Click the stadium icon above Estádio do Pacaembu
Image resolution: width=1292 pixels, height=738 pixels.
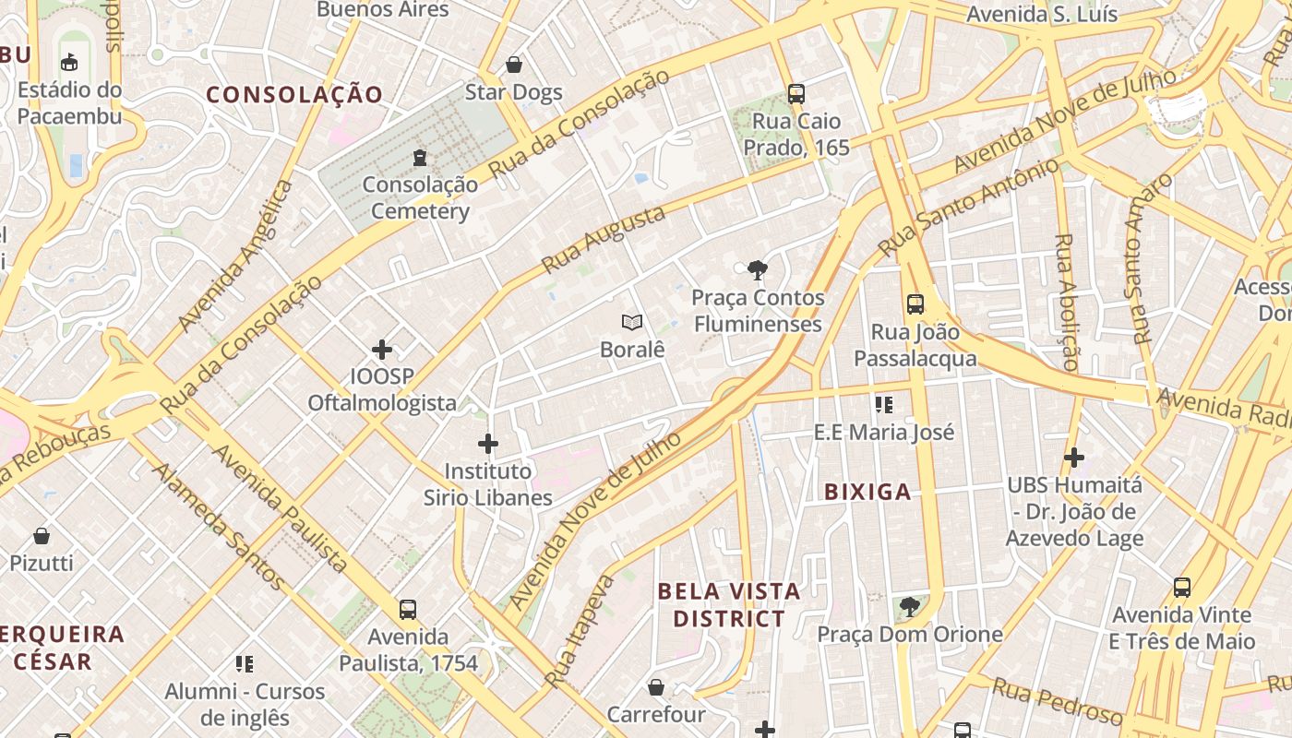(69, 63)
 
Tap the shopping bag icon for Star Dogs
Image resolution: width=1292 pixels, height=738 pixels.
(514, 65)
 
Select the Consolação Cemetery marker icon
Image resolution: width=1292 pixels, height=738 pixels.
(420, 157)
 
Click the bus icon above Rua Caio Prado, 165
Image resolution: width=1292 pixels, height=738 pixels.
(796, 93)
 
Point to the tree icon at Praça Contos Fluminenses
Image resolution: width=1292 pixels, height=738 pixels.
(758, 270)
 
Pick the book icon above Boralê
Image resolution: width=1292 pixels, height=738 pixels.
(632, 322)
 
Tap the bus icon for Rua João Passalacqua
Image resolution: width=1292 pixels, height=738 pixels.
(915, 304)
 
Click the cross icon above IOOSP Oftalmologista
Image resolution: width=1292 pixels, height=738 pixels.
(382, 349)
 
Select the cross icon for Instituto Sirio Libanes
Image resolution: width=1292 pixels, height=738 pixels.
(488, 444)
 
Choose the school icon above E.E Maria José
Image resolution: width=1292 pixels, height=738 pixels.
(884, 404)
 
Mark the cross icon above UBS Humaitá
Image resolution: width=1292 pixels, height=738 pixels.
(1073, 457)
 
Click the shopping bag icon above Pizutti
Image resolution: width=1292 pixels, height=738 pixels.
(42, 535)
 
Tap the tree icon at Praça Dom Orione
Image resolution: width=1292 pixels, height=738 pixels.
(909, 606)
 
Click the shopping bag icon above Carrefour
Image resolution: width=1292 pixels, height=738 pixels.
(656, 687)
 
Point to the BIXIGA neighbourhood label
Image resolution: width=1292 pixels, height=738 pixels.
(867, 492)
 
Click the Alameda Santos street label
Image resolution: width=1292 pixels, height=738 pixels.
(218, 526)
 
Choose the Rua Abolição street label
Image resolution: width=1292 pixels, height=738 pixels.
(1066, 303)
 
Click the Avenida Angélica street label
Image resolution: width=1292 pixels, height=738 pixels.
(236, 256)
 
